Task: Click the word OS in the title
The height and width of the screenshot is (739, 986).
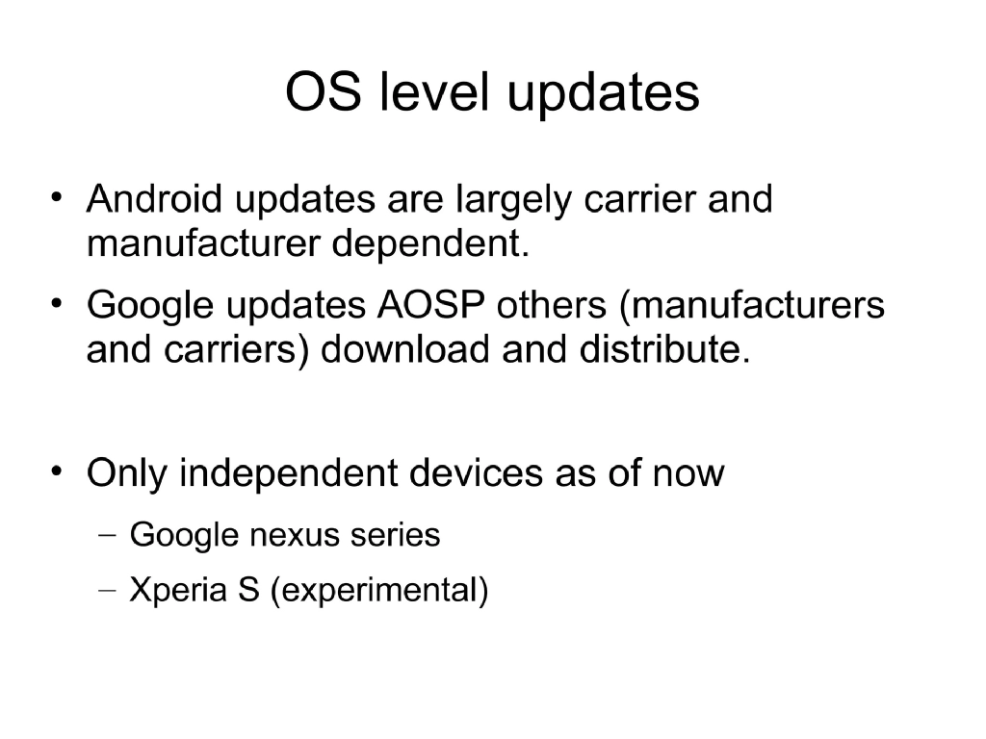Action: (323, 93)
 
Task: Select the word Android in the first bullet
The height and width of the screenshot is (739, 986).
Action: (153, 200)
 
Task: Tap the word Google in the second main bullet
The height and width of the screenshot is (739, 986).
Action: (152, 306)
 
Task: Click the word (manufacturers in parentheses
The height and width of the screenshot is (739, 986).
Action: (750, 306)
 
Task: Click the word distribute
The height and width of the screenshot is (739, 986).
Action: (662, 350)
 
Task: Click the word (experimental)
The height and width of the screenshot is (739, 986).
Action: (379, 591)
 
